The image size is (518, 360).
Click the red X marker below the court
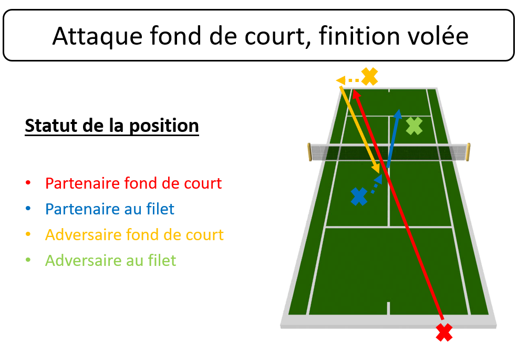tap(444, 332)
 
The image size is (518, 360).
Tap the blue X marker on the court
tap(359, 197)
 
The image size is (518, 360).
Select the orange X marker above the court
tap(370, 76)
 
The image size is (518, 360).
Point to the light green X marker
tap(414, 126)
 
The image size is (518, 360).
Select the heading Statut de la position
tap(112, 126)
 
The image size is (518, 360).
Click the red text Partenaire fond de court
tap(133, 183)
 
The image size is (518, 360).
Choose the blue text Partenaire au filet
tap(110, 209)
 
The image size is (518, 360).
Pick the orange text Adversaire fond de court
tap(134, 235)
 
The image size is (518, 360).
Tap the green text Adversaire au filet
tap(111, 261)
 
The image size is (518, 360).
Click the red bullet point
tap(28, 182)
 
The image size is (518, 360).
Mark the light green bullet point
tap(28, 260)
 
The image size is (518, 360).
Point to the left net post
tap(309, 152)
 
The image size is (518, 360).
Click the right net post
tap(468, 152)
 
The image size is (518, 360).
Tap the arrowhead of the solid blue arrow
tap(398, 114)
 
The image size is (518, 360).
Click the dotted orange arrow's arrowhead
tap(340, 80)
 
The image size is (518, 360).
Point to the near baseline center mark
tap(389, 308)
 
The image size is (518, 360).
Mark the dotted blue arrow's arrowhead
tap(379, 179)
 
